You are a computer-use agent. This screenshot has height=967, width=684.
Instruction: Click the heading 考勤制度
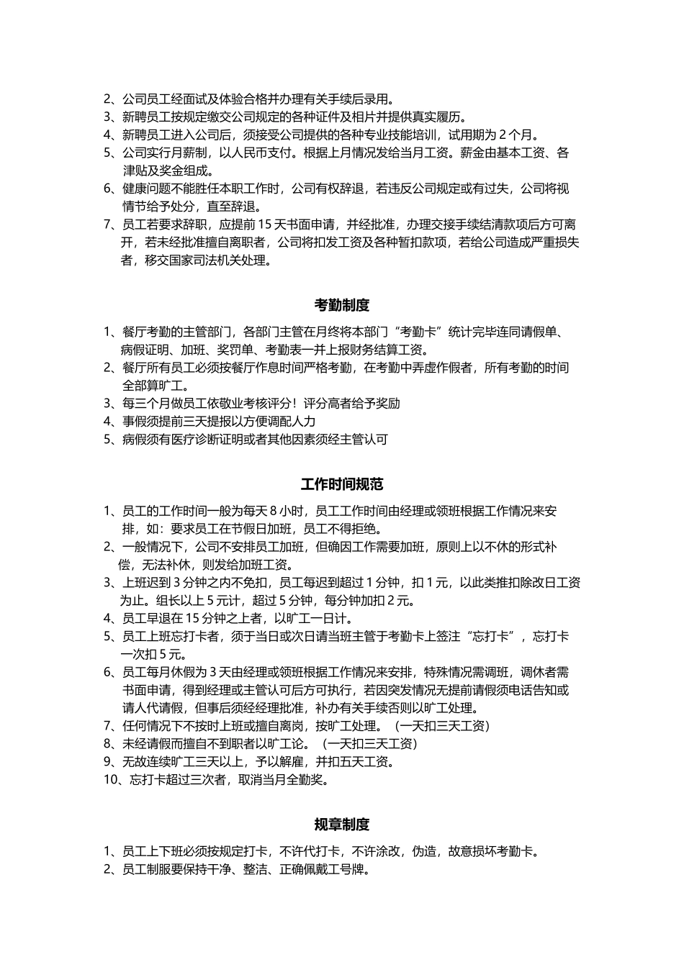342,305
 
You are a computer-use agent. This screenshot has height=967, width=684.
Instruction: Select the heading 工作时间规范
342,484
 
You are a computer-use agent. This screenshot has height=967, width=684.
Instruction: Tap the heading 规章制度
342,825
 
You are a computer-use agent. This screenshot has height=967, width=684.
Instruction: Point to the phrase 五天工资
367,761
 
